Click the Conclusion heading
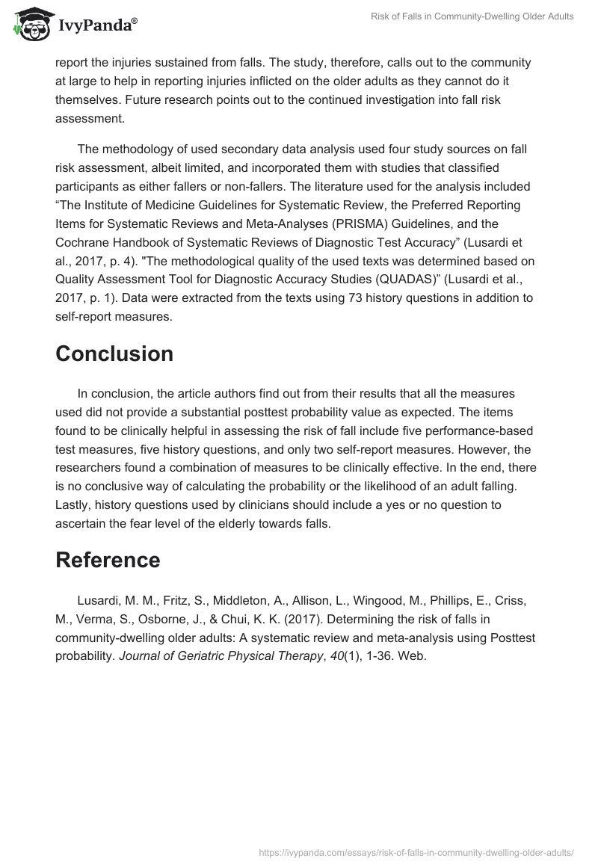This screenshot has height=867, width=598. [x=114, y=354]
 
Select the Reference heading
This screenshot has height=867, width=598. [x=108, y=560]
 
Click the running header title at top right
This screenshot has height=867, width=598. [x=472, y=17]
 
